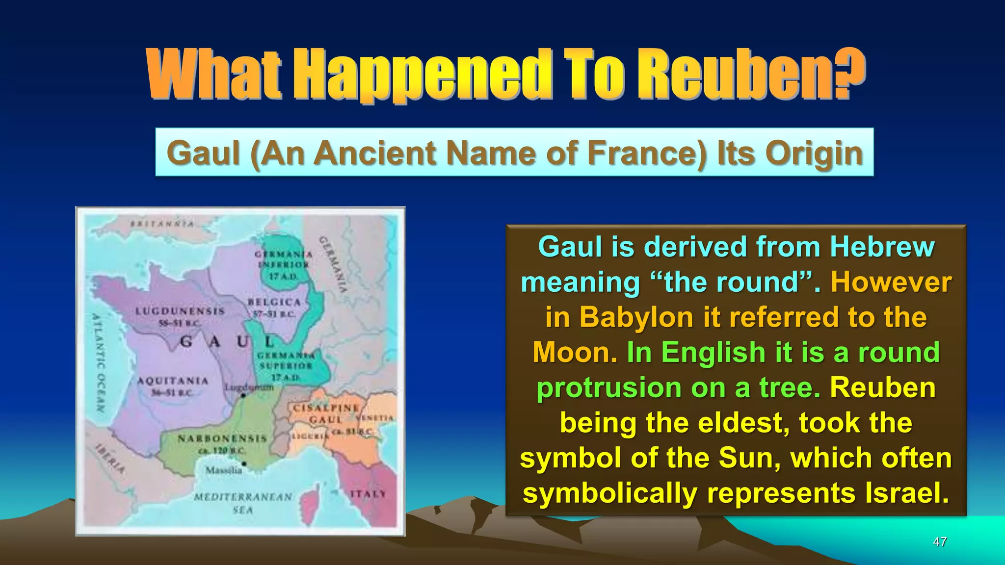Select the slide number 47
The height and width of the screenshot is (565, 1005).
pyautogui.click(x=940, y=541)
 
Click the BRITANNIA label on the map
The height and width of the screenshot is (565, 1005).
pyautogui.click(x=162, y=225)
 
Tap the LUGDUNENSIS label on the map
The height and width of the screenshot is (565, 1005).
pyautogui.click(x=180, y=311)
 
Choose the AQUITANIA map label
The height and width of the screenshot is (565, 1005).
pyautogui.click(x=173, y=381)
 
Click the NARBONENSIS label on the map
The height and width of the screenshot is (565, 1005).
pyautogui.click(x=222, y=438)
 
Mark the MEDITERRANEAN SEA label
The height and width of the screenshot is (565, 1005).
pyautogui.click(x=243, y=503)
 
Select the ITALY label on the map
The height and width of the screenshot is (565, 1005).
pyautogui.click(x=368, y=493)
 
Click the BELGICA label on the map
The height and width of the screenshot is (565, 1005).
pyautogui.click(x=274, y=302)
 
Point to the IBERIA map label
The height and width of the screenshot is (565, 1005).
pyautogui.click(x=110, y=458)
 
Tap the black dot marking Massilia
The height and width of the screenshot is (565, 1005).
pyautogui.click(x=244, y=463)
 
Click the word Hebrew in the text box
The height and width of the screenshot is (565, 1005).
pyautogui.click(x=882, y=247)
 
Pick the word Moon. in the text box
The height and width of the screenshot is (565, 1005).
pyautogui.click(x=575, y=353)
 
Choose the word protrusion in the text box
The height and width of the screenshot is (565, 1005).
pyautogui.click(x=609, y=388)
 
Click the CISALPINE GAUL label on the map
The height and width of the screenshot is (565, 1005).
pyautogui.click(x=325, y=413)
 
